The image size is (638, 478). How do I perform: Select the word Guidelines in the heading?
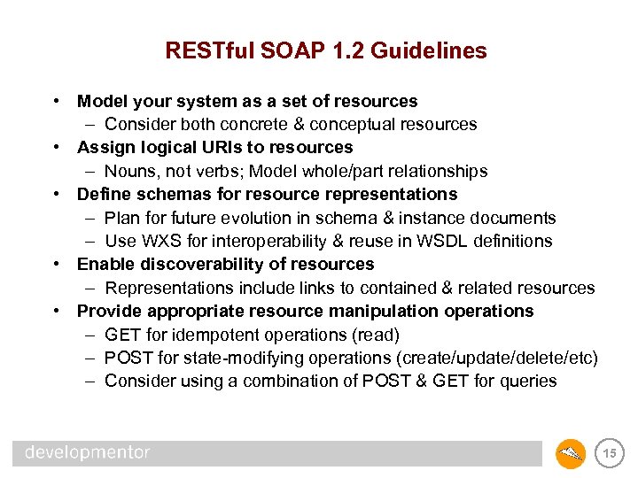(429, 51)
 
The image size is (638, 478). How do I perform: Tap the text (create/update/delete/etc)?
(498, 358)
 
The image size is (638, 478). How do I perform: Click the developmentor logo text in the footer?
(87, 453)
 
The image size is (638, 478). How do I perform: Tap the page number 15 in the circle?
(609, 454)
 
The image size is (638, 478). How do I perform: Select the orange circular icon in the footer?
(571, 454)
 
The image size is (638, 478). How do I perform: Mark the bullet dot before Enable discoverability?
(56, 264)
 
